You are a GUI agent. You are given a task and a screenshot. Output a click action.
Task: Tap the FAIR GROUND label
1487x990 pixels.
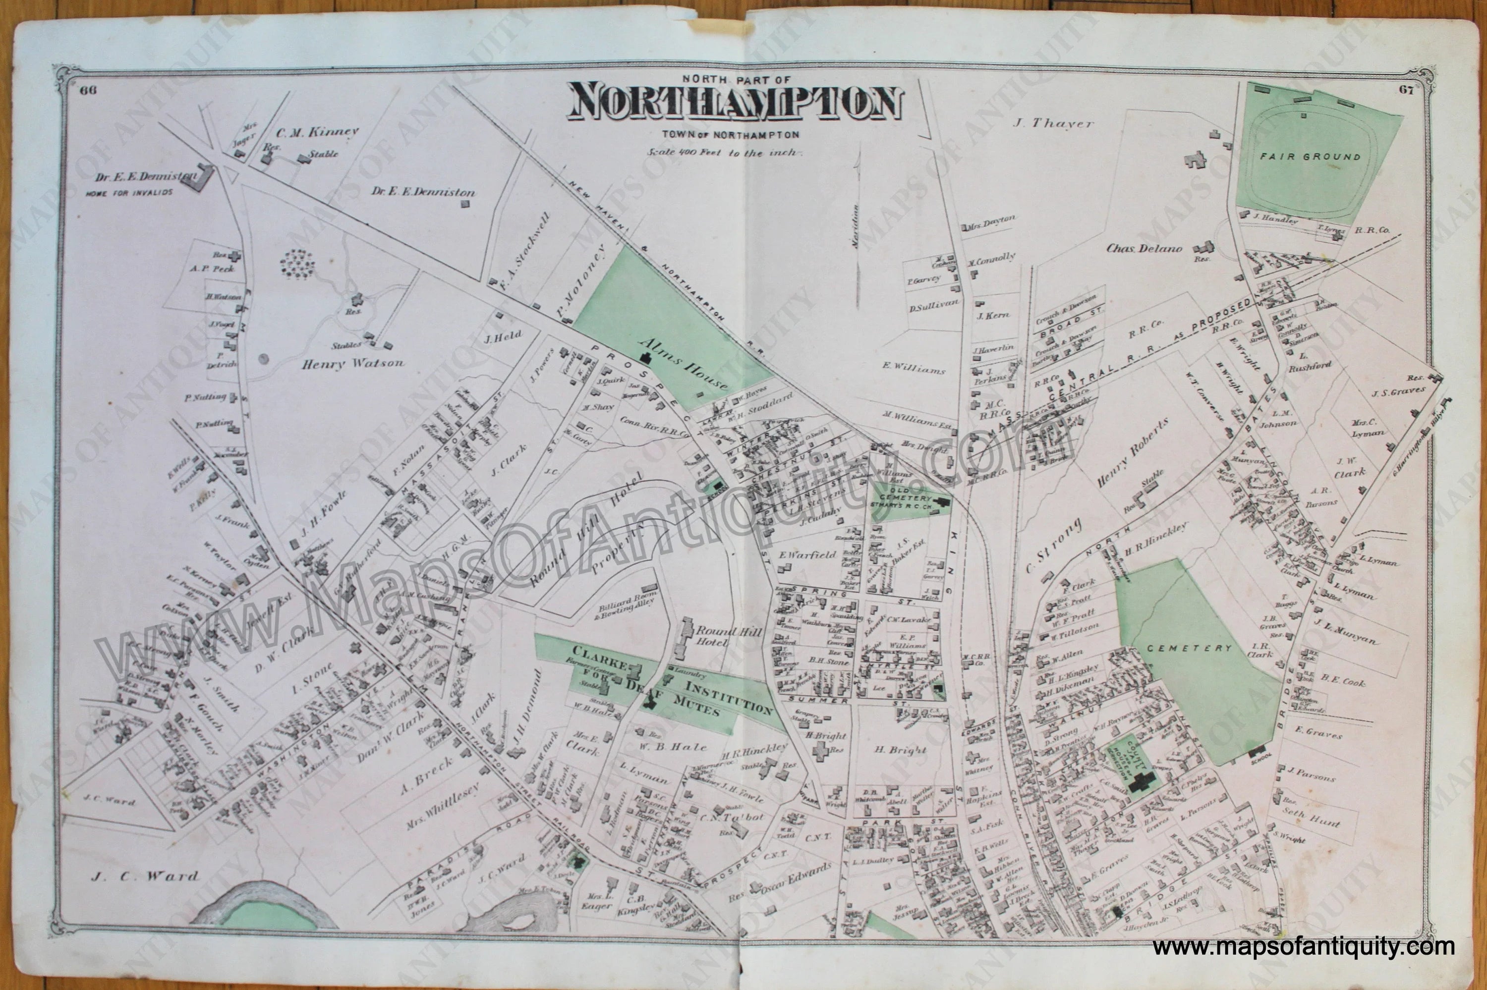[1310, 157]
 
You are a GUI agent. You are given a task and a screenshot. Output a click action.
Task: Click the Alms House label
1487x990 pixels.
[685, 364]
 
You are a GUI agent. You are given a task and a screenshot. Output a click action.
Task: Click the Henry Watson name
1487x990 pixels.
[353, 363]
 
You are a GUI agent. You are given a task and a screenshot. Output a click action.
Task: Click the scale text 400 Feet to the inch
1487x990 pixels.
[724, 153]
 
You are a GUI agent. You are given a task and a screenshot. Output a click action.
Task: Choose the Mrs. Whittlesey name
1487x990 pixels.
[443, 805]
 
